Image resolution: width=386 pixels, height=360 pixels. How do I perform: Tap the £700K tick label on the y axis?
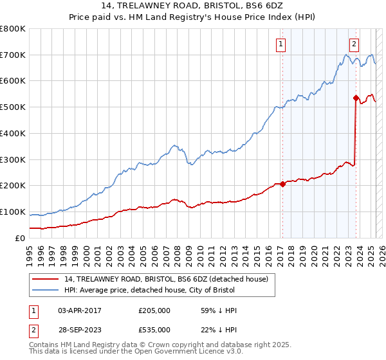pyautogui.click(x=13, y=55)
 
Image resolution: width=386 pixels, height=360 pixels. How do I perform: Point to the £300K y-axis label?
pyautogui.click(x=13, y=159)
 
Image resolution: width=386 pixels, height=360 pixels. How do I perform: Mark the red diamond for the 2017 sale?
pyautogui.click(x=282, y=184)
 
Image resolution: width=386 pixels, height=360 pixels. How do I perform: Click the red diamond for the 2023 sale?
pyautogui.click(x=355, y=98)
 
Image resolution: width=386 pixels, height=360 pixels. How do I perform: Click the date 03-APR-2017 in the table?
pyautogui.click(x=80, y=311)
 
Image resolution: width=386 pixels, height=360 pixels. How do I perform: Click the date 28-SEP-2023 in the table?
pyautogui.click(x=80, y=329)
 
